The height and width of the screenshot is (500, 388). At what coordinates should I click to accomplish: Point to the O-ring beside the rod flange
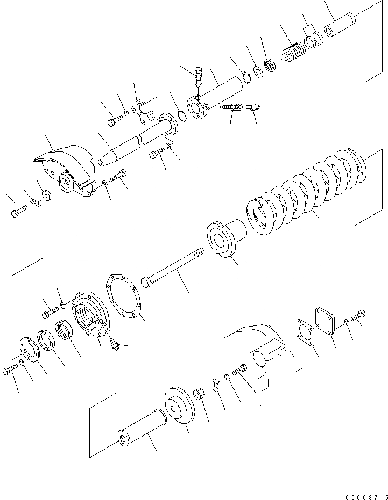[182, 115]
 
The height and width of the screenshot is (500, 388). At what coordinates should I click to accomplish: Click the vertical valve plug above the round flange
[198, 76]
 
